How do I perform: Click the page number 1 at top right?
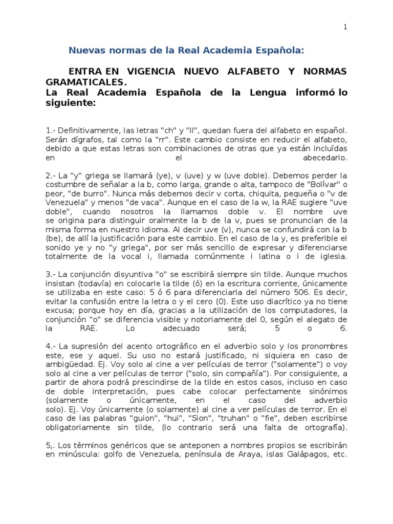point(345,28)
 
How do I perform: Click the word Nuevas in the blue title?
point(85,50)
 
